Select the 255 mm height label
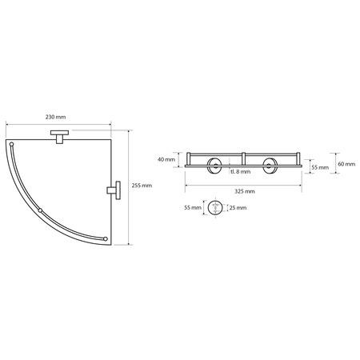142,186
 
